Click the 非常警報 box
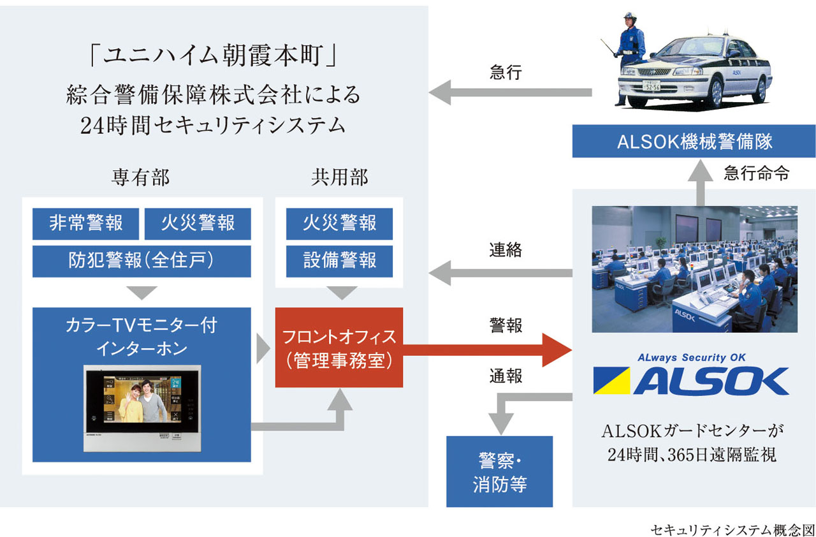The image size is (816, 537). point(85,224)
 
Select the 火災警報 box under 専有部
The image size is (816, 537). point(198,224)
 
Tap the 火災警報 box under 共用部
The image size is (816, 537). point(339,224)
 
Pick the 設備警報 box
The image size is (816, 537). point(339,261)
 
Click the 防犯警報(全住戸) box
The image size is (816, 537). point(142,261)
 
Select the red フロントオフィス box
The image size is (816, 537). point(339,348)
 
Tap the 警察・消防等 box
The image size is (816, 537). point(499,471)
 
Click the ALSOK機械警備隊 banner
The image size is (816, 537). point(694,142)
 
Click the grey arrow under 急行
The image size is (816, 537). point(510,92)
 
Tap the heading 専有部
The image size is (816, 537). point(141,178)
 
